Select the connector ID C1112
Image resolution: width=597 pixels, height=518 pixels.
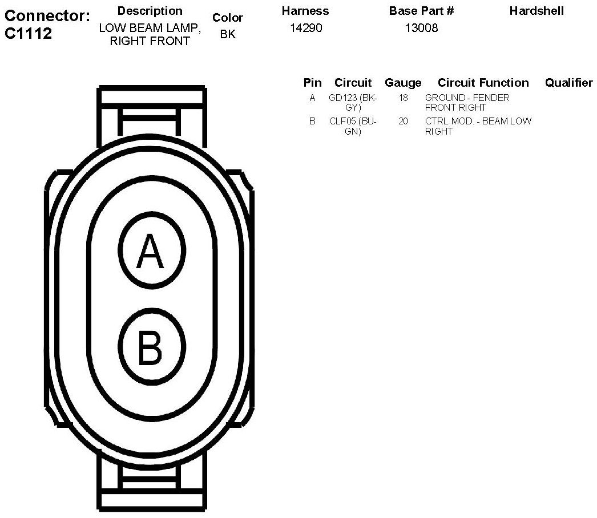tap(28, 34)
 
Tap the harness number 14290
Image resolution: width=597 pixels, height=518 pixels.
tap(306, 28)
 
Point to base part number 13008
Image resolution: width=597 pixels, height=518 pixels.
tap(421, 28)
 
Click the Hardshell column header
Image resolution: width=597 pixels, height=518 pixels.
tap(537, 11)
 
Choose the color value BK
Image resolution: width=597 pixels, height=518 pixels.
tap(228, 34)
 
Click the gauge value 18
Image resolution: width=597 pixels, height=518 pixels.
tap(403, 98)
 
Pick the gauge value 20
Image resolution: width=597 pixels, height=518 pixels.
tap(403, 121)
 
